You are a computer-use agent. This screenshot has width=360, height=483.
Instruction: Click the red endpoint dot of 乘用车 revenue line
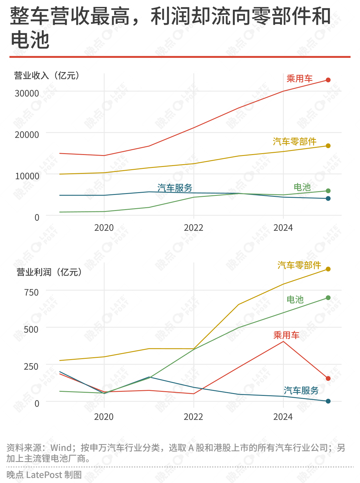[x=328, y=80]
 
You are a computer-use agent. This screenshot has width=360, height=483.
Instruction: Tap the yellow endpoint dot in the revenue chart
[x=328, y=146]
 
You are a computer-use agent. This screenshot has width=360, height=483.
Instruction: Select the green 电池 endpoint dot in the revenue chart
[x=328, y=191]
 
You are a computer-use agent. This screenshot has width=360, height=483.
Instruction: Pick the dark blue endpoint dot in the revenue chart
[x=328, y=198]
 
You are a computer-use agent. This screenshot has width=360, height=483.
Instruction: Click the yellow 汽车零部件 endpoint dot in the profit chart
[x=328, y=269]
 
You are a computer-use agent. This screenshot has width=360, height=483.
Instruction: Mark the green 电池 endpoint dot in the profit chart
[x=328, y=298]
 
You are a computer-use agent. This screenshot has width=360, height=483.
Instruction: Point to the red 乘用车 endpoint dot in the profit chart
[x=328, y=379]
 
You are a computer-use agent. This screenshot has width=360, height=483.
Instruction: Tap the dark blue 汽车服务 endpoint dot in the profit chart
[x=328, y=401]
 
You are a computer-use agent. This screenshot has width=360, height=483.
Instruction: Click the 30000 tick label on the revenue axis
[x=27, y=93]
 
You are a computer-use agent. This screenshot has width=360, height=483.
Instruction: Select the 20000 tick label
[x=27, y=135]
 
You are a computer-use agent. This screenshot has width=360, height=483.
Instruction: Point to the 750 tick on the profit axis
[x=31, y=292]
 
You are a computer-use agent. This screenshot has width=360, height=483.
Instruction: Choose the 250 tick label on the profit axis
[x=31, y=367]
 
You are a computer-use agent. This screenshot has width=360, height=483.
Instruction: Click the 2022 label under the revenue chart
[x=194, y=228]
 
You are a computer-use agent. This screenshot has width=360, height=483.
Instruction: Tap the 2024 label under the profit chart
[x=283, y=417]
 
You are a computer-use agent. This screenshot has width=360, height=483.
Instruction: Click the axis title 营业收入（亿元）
[x=47, y=75]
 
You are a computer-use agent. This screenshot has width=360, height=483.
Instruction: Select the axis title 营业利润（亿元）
[x=49, y=272]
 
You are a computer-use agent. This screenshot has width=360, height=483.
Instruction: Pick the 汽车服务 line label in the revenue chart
[x=175, y=188]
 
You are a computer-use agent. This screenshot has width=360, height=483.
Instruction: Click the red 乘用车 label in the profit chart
[x=286, y=335]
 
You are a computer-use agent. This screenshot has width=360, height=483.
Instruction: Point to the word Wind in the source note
[x=61, y=448]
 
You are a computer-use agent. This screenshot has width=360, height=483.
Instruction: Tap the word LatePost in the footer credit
[x=44, y=475]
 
